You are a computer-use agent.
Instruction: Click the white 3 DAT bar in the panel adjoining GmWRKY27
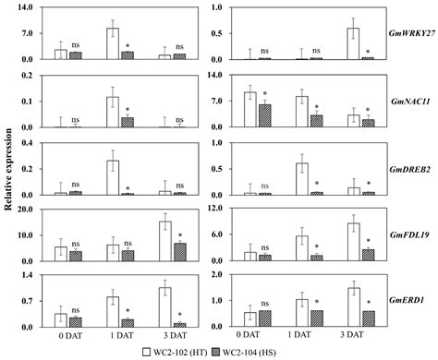click(353, 43)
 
